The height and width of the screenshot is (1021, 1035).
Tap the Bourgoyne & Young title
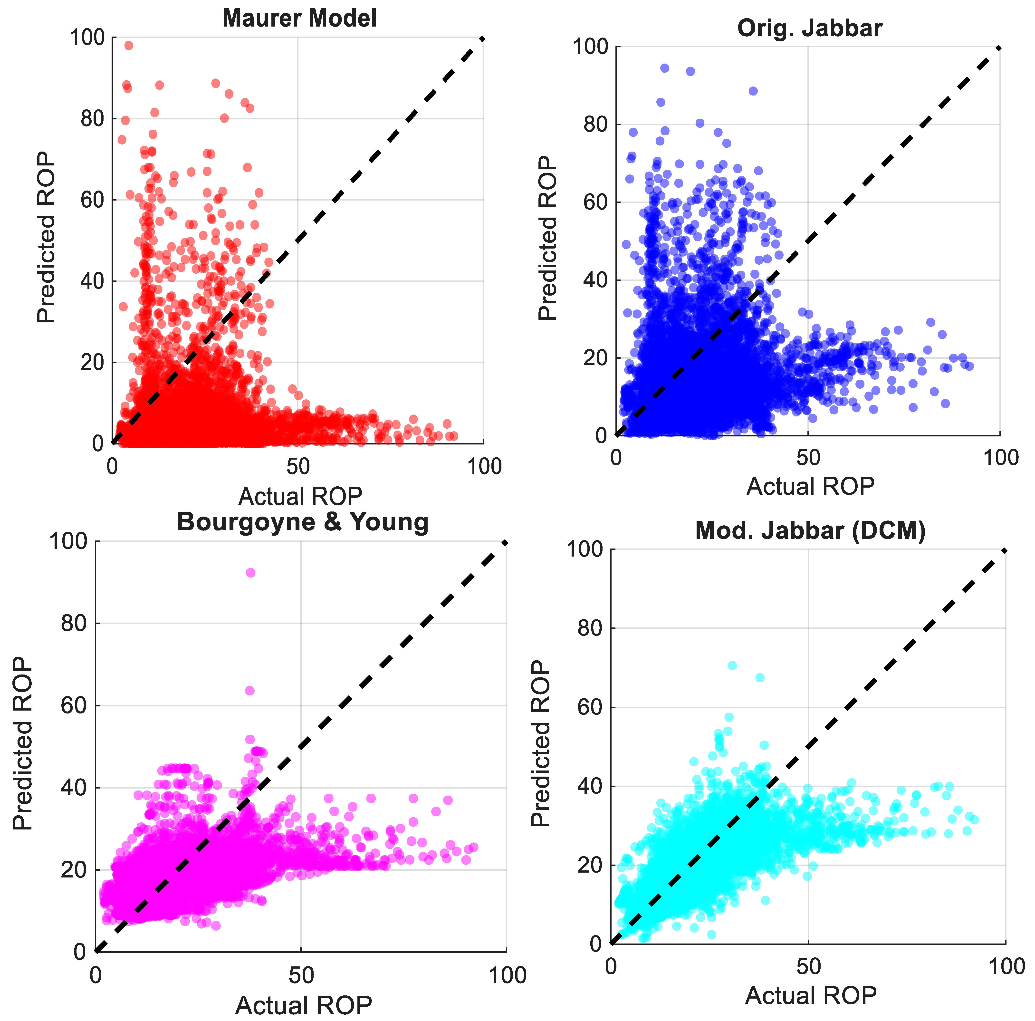pos(303,522)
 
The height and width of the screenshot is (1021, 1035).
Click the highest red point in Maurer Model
pos(129,46)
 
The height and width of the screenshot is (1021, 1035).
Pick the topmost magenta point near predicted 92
pos(250,573)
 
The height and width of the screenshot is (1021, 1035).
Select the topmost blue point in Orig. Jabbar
pos(664,68)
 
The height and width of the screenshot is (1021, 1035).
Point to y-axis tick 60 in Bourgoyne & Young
pos(74,705)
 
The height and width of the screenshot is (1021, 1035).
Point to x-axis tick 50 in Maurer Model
pos(298,467)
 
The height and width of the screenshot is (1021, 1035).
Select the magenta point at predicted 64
pos(250,691)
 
